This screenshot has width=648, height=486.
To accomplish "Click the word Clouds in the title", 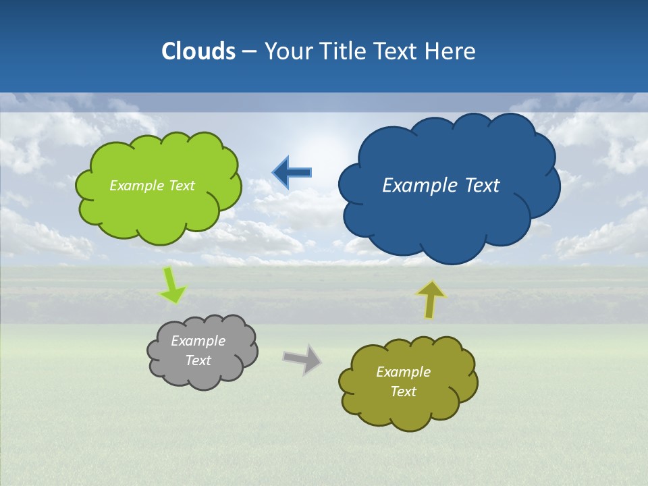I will (198, 51).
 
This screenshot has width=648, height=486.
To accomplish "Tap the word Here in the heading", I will (451, 51).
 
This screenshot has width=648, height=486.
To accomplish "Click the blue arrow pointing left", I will (292, 173).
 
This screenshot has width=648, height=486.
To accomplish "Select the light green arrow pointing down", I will (171, 286).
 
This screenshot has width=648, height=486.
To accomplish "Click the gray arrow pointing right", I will (302, 358).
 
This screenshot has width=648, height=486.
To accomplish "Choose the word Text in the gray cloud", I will (198, 360).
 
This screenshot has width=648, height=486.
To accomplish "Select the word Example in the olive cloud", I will (403, 372).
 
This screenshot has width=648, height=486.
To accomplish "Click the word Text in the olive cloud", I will (403, 391).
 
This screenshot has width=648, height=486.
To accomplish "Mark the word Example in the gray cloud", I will (198, 341).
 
